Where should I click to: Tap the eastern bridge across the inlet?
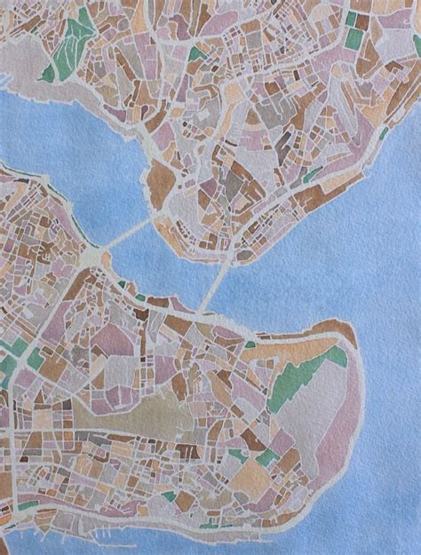coord(212,286)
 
